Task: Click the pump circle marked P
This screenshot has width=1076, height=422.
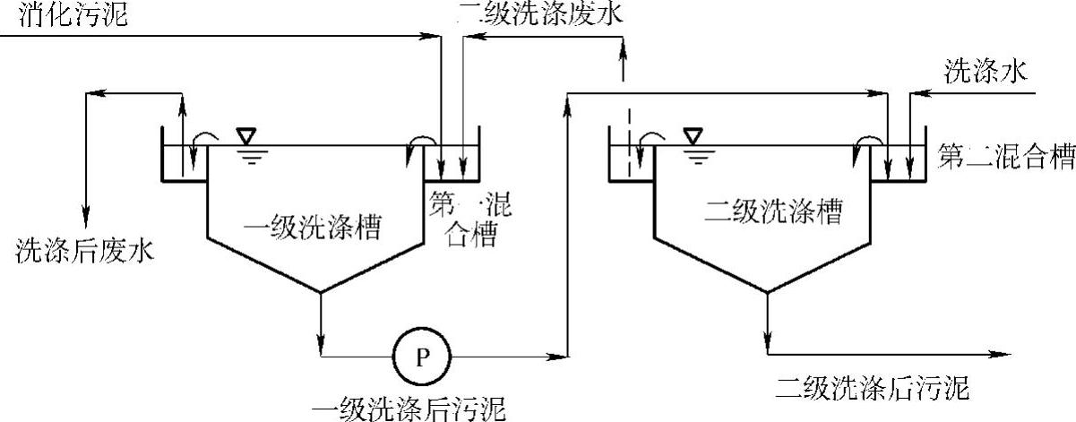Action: [x=423, y=357]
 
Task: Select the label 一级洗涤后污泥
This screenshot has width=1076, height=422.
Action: [x=421, y=409]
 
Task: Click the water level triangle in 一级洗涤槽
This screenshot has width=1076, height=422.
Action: [x=245, y=135]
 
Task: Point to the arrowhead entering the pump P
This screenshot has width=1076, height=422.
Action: [x=384, y=357]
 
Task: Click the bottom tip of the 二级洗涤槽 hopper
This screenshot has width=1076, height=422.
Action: [x=767, y=291]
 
